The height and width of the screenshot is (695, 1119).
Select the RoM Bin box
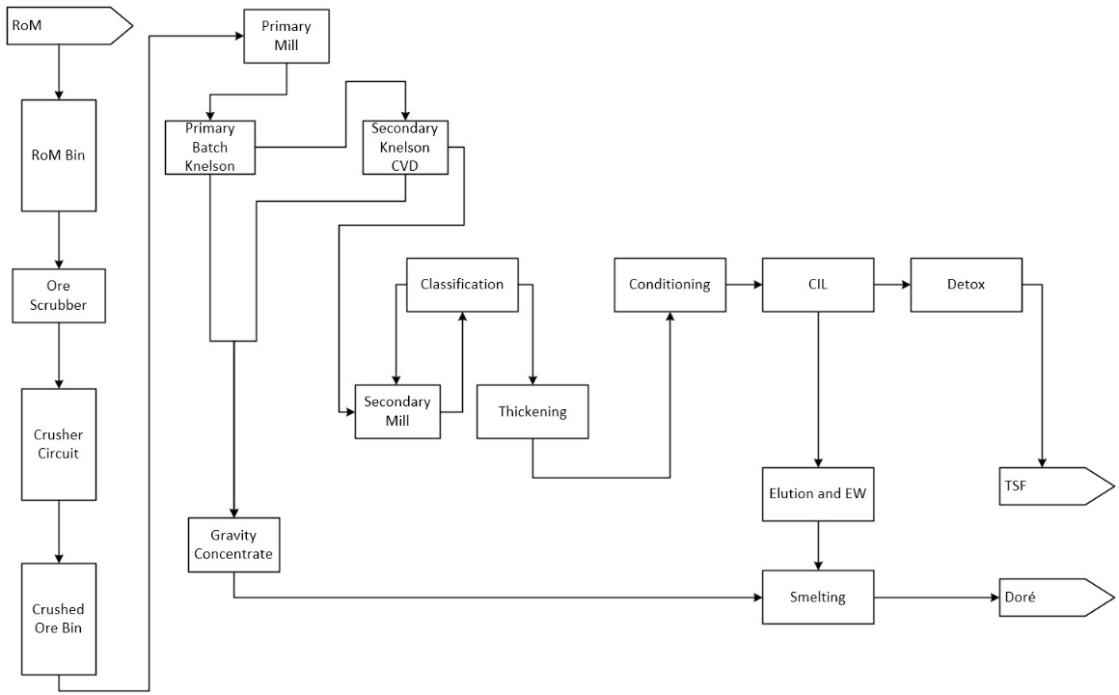point(59,155)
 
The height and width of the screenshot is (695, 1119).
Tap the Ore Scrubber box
point(59,295)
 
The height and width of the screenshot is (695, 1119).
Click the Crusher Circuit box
point(59,444)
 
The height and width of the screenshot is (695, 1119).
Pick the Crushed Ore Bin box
point(59,619)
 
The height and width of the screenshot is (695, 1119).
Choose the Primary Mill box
point(287,37)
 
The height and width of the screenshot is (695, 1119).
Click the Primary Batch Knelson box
point(209,147)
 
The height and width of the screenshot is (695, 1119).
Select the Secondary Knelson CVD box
point(405,147)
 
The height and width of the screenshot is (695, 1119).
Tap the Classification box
point(462,285)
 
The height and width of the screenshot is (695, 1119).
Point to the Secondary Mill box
point(397,412)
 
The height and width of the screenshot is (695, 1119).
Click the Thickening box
point(532,412)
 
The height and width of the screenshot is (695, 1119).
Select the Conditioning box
point(669,285)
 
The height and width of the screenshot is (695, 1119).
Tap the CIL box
point(818,285)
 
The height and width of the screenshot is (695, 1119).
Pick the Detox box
point(966,285)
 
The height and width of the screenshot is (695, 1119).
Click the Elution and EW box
point(818,494)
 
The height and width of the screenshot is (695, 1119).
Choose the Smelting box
point(818,598)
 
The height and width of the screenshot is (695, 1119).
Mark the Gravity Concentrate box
point(233,543)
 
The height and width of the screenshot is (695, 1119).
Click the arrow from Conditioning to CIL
point(744,285)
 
